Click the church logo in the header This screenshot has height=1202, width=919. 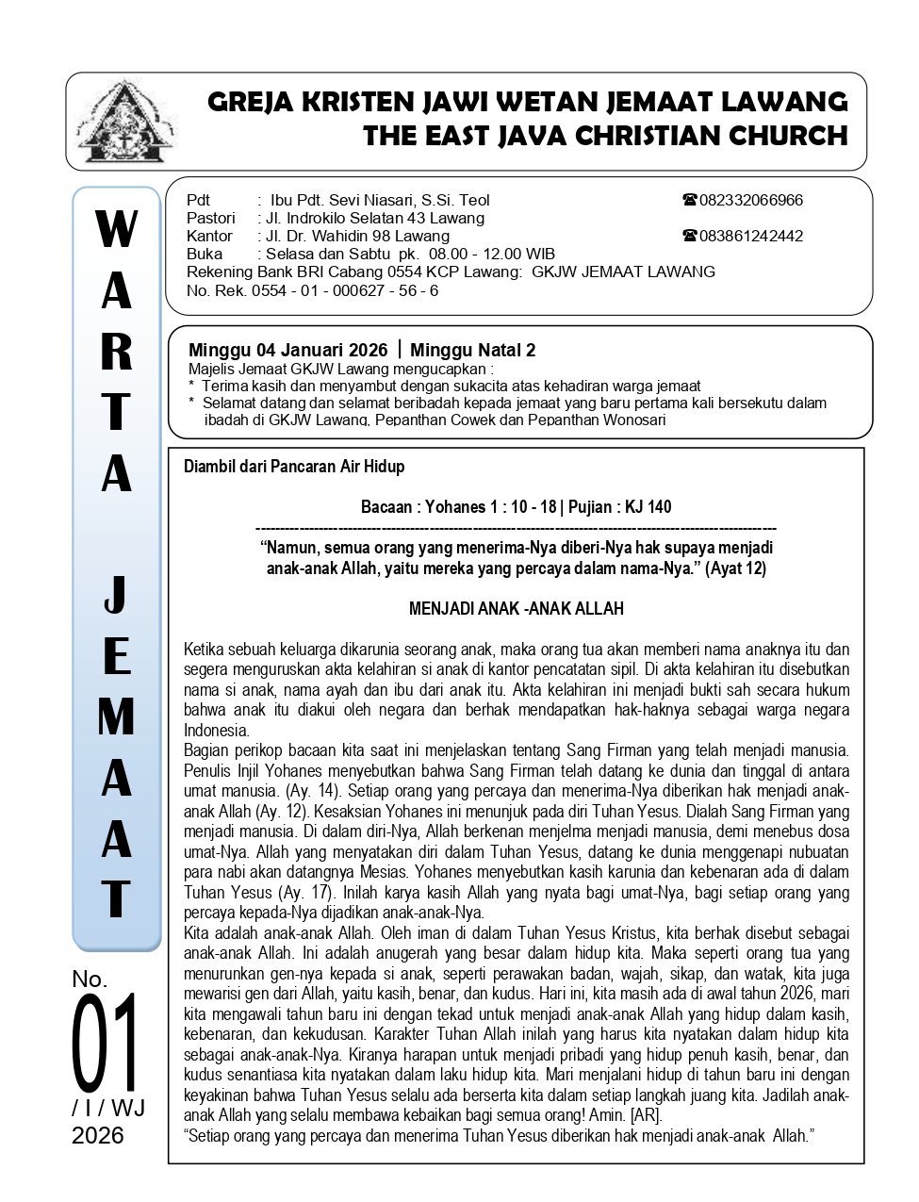coord(125,123)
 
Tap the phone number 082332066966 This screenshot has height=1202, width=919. coord(750,200)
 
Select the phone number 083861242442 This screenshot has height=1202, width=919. coord(750,236)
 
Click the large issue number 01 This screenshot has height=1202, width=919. coord(105,1043)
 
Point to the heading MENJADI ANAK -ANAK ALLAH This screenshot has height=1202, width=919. coord(516,609)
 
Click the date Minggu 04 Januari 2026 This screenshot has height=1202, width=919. coord(287,351)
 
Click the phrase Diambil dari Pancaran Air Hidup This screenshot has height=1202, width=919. coord(294,467)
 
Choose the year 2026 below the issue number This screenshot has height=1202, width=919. coord(98,1135)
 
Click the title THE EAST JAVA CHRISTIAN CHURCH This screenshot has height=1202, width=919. coord(605,136)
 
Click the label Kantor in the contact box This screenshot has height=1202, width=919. coord(209,236)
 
